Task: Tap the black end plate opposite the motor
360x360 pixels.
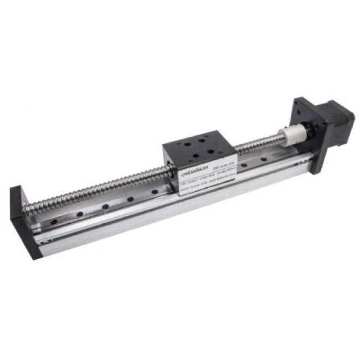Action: (22, 222)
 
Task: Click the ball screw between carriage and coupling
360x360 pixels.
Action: (258, 145)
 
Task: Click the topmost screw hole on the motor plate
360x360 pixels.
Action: (304, 104)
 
